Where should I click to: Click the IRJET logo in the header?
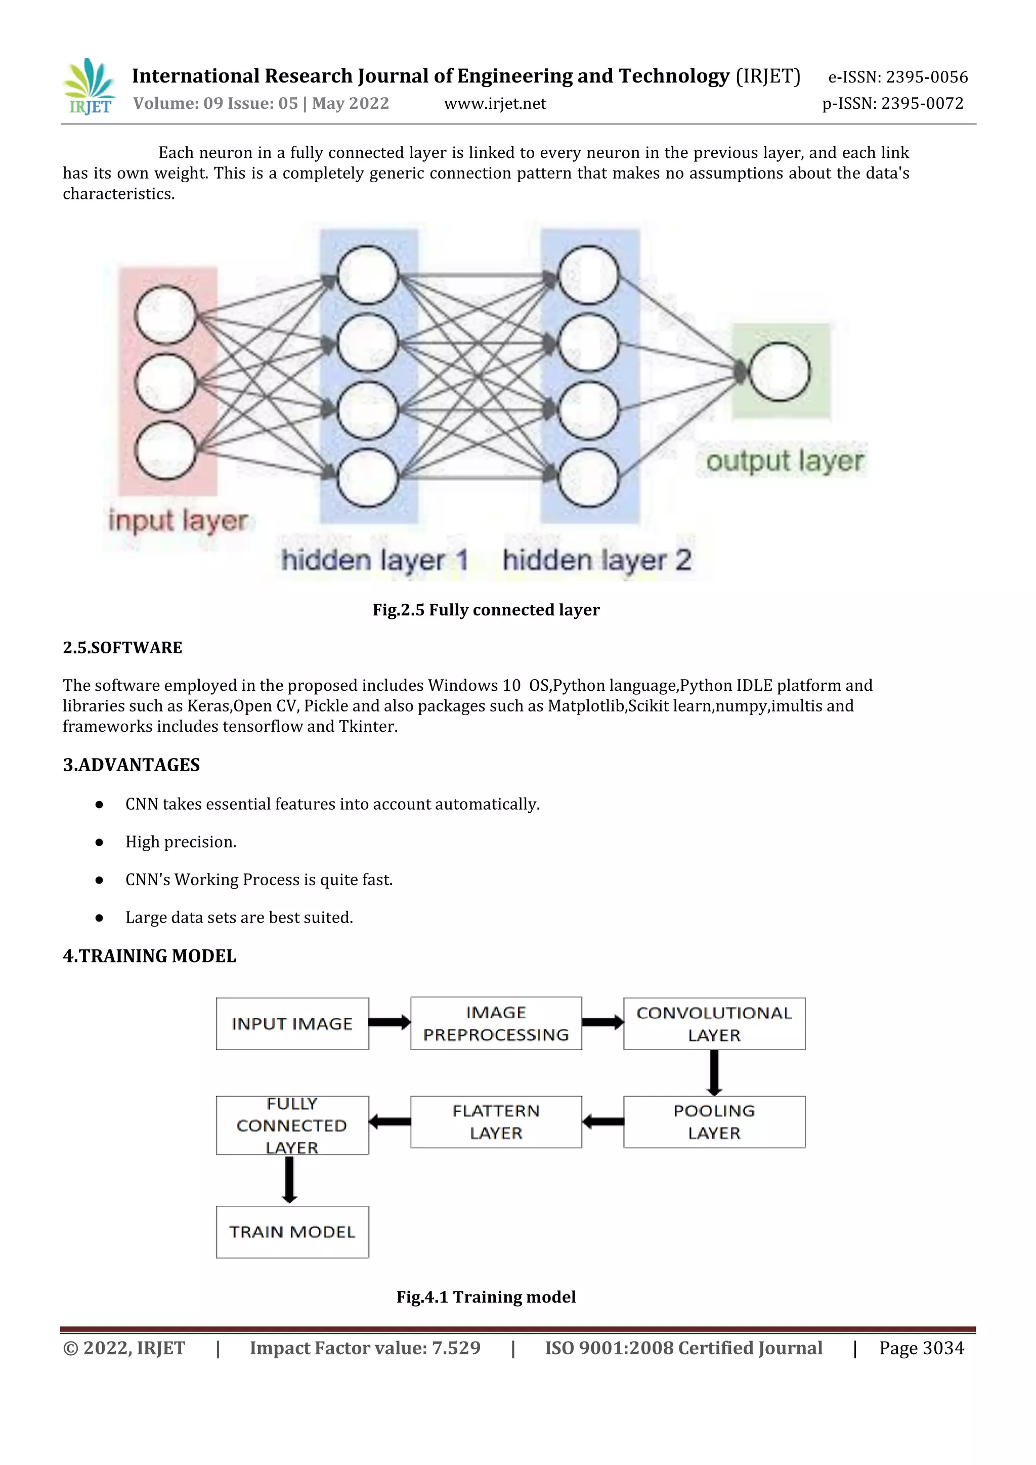pyautogui.click(x=90, y=87)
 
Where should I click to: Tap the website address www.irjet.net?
pyautogui.click(x=495, y=103)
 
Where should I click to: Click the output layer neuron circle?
pyautogui.click(x=779, y=371)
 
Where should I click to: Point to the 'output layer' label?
pyautogui.click(x=785, y=461)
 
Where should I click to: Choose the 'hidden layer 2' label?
pyautogui.click(x=597, y=560)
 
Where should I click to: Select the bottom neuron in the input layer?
pyautogui.click(x=165, y=450)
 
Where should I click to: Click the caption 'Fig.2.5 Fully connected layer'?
pyautogui.click(x=486, y=610)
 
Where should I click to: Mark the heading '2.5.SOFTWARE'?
pyautogui.click(x=122, y=648)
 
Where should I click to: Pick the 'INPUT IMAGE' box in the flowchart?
pyautogui.click(x=292, y=1023)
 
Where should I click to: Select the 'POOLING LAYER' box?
pyautogui.click(x=714, y=1122)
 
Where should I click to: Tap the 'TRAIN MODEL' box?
pyautogui.click(x=292, y=1232)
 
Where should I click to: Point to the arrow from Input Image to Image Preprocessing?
pyautogui.click(x=389, y=1023)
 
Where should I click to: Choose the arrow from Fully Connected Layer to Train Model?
pyautogui.click(x=290, y=1180)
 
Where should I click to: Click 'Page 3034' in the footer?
pyautogui.click(x=921, y=1348)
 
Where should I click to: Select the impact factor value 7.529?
pyautogui.click(x=456, y=1348)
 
